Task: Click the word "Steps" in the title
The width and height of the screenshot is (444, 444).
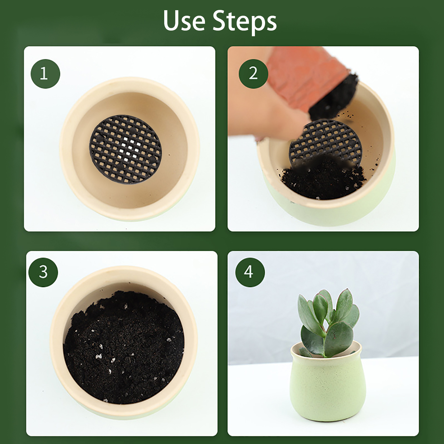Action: [x=245, y=22]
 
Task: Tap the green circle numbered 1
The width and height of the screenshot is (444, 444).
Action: [x=45, y=74]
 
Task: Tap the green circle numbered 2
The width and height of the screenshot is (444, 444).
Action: [x=253, y=74]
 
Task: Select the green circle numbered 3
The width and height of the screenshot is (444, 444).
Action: [x=43, y=272]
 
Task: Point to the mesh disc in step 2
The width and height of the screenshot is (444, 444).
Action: [x=323, y=142]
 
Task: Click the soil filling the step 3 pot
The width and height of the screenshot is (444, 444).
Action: [x=123, y=347]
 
